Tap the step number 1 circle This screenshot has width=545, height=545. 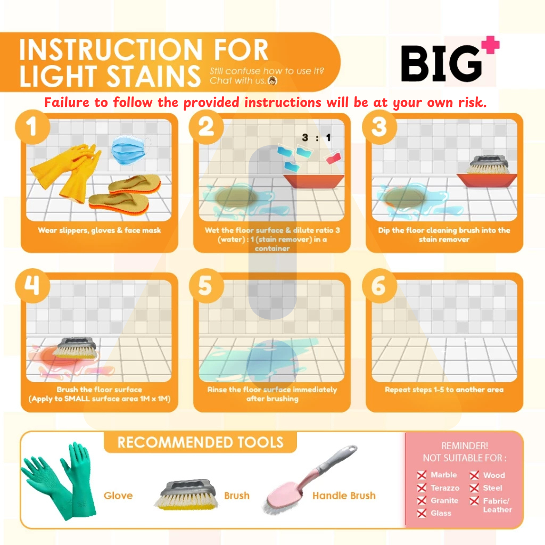pyautogui.click(x=32, y=127)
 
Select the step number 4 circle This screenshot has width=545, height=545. pyautogui.click(x=32, y=286)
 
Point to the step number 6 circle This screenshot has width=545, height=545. pyautogui.click(x=379, y=286)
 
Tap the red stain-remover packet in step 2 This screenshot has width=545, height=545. pyautogui.click(x=334, y=158)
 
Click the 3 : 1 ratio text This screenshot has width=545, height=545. pyautogui.click(x=316, y=138)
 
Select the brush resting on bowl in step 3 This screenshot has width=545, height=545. pyautogui.click(x=489, y=165)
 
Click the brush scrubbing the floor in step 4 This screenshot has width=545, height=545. pyautogui.click(x=74, y=348)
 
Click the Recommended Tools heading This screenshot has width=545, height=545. pyautogui.click(x=201, y=442)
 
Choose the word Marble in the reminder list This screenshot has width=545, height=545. pyautogui.click(x=444, y=475)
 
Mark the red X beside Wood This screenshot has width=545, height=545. pyautogui.click(x=474, y=475)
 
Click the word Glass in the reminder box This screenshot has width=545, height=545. pyautogui.click(x=441, y=513)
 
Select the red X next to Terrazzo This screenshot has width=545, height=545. pyautogui.click(x=422, y=488)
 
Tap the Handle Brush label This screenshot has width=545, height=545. pyautogui.click(x=344, y=496)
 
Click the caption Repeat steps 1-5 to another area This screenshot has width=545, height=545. pyautogui.click(x=444, y=390)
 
